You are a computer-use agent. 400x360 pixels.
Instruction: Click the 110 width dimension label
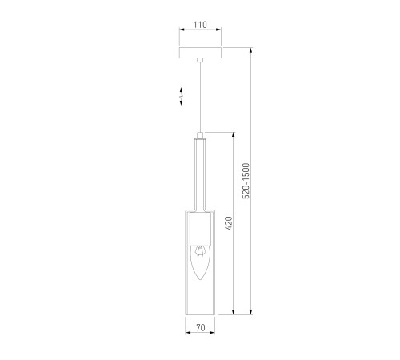(x=200, y=25)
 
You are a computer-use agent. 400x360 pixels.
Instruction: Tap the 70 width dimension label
(x=201, y=327)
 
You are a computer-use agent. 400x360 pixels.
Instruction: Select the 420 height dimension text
(x=229, y=223)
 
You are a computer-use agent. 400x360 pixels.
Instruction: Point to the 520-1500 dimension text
(x=246, y=181)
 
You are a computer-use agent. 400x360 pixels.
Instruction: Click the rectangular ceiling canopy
(x=200, y=53)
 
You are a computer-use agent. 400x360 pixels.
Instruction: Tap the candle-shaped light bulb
(x=200, y=262)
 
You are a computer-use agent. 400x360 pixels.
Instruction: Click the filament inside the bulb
(x=200, y=251)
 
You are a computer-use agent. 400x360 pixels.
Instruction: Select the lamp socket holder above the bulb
(x=200, y=229)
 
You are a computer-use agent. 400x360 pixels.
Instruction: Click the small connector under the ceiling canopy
(x=200, y=60)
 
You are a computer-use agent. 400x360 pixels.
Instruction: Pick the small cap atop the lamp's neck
(x=200, y=135)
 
